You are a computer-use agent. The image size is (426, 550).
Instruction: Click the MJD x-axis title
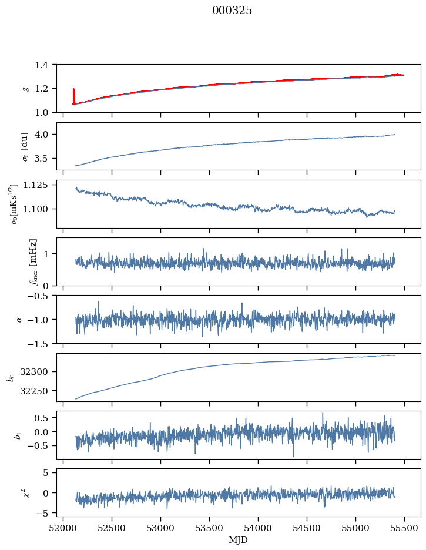(x=239, y=540)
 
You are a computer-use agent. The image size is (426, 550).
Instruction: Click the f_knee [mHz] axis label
(x=33, y=261)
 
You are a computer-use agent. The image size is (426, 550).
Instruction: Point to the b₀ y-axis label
(x=10, y=377)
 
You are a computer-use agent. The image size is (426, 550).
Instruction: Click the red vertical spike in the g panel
(x=73, y=96)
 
